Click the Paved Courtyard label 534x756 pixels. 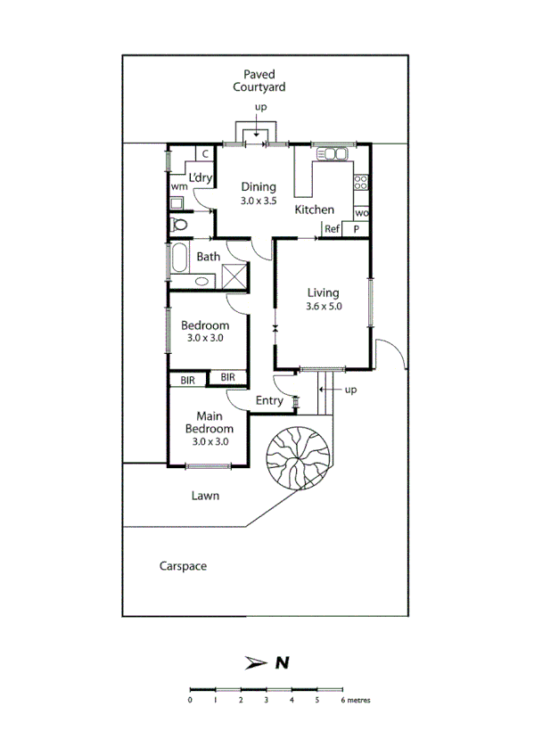pos(259,80)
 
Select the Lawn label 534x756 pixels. pos(205,496)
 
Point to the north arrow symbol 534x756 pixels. pos(255,662)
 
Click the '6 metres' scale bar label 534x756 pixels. pos(355,700)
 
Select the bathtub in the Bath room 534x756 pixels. pos(178,259)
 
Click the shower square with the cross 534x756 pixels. pos(234,275)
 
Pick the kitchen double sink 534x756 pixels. pos(333,154)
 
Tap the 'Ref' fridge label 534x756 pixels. pos(333,229)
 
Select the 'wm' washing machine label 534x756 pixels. pos(179,186)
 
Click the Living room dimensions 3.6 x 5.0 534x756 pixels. pos(324,306)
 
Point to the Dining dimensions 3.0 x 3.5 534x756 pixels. pos(259,201)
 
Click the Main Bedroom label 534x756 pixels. pos(209,429)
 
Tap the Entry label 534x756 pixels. pos(269,401)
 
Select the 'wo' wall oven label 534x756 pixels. pos(361,213)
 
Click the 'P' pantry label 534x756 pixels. pos(357,229)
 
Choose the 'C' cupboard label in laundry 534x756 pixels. pos(204,153)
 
